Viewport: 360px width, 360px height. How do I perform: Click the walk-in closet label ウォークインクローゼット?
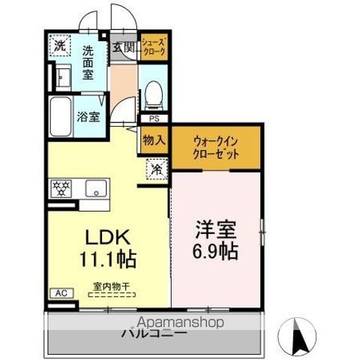point(216,147)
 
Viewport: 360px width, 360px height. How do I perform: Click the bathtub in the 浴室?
point(62,116)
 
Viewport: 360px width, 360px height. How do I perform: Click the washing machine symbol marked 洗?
point(59,45)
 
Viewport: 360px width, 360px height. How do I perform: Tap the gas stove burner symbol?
point(61,187)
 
